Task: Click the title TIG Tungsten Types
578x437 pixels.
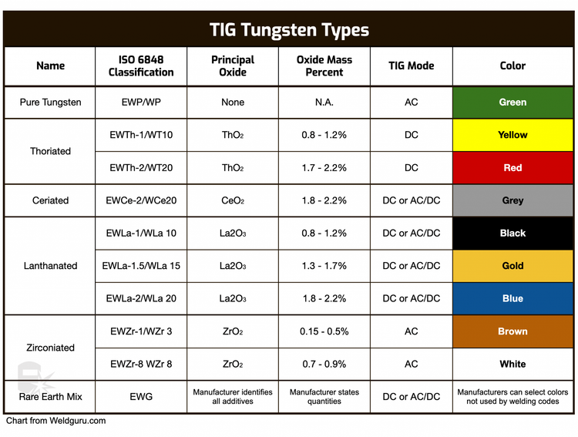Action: click(289, 30)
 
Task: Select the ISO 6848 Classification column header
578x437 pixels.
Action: click(141, 66)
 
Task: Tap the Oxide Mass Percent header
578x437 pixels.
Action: click(324, 66)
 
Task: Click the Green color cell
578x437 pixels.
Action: click(512, 103)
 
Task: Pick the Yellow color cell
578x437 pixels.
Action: click(512, 135)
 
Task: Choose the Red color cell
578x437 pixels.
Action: click(512, 168)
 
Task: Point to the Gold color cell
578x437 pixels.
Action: click(512, 266)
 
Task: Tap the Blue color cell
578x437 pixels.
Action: click(512, 298)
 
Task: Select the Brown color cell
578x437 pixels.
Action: click(512, 331)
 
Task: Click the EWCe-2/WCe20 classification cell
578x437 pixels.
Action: click(141, 200)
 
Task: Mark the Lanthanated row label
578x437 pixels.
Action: click(51, 266)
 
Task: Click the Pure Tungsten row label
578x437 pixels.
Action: click(51, 103)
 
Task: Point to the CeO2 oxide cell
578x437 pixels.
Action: click(233, 200)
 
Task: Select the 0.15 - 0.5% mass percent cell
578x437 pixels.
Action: click(324, 331)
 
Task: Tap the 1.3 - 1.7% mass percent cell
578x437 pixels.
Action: click(324, 266)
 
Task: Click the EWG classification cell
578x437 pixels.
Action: click(141, 397)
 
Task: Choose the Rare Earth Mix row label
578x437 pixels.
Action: click(51, 397)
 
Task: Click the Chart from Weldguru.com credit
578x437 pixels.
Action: click(55, 421)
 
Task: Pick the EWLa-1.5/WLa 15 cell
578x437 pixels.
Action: click(141, 266)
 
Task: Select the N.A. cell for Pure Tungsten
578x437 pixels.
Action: click(324, 103)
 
